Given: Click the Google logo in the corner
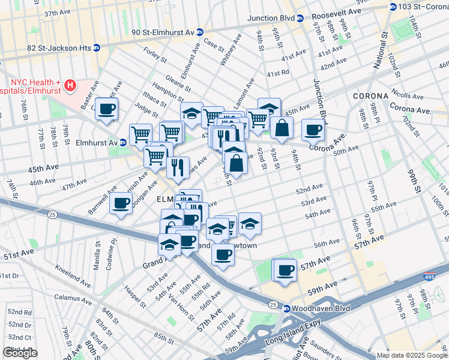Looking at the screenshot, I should [20, 353].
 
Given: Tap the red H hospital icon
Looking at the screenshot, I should [71, 85].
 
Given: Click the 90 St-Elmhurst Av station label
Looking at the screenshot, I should [162, 32].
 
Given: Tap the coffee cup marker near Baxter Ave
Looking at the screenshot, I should [106, 109].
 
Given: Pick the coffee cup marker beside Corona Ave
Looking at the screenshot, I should [312, 129].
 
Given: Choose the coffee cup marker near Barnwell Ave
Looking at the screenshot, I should [121, 203].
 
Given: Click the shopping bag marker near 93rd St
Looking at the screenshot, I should [281, 127].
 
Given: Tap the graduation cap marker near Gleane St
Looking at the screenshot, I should [191, 113].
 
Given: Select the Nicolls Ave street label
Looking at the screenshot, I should [408, 95].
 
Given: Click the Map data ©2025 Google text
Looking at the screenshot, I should [411, 355].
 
